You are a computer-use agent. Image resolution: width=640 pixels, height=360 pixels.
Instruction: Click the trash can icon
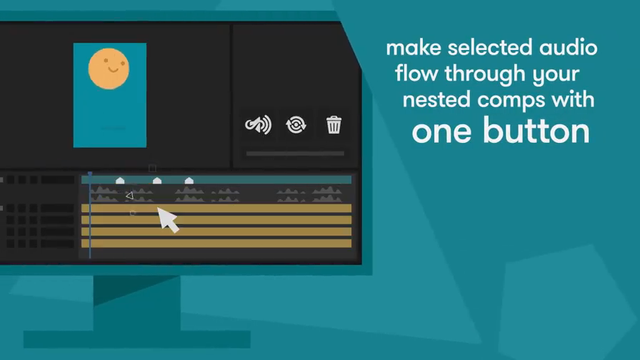coord(334,124)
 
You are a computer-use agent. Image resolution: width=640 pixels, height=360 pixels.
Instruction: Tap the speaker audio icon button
coord(258,125)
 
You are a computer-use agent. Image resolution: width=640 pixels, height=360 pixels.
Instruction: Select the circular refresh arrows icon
coord(296,125)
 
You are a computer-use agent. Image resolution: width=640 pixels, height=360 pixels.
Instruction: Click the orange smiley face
coord(109,69)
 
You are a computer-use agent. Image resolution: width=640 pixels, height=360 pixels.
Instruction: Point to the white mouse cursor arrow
coord(167,219)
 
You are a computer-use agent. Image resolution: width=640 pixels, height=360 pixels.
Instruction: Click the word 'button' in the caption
coord(536,131)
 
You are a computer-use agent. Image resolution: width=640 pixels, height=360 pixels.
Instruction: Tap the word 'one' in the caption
coord(441,134)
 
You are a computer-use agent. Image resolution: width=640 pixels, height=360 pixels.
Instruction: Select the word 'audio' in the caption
coord(568,47)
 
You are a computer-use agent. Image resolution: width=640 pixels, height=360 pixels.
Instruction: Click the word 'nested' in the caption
coord(436,99)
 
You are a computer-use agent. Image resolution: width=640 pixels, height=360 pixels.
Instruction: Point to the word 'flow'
coord(416,73)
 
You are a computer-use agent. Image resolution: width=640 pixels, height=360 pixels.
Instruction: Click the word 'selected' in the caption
coord(490,47)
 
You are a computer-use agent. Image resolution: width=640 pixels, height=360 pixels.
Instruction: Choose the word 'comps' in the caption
coord(511,101)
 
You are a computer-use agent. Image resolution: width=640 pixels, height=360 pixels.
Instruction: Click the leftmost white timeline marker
coord(120,181)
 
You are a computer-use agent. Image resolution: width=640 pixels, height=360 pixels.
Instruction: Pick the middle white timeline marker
coord(157,181)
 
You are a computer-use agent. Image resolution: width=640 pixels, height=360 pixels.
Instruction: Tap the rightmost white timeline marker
coord(189,181)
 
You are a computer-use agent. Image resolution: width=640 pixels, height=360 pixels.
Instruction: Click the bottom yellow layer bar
coord(216,244)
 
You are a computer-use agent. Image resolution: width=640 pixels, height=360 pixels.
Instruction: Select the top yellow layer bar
coord(216,209)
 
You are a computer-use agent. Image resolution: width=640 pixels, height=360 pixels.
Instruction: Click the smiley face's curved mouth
coord(114,70)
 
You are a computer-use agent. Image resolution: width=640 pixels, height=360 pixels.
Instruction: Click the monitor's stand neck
coord(136,303)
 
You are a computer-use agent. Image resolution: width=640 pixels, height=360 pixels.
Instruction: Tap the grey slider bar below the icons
coord(295,154)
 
